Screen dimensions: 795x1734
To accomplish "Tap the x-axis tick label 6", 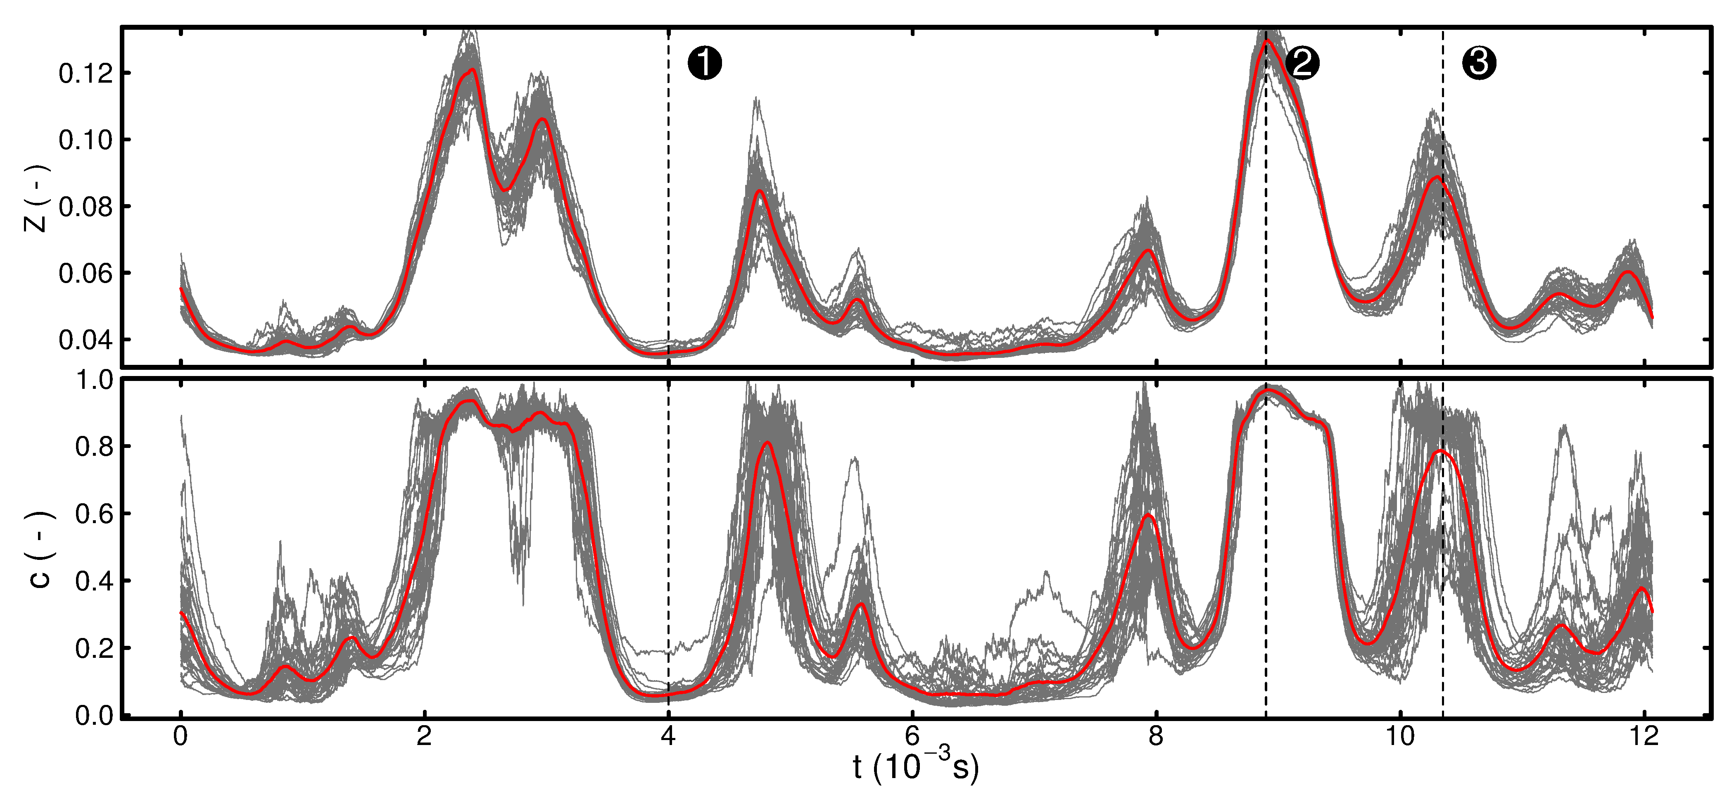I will [912, 736].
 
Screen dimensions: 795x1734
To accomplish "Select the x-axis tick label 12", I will [1644, 736].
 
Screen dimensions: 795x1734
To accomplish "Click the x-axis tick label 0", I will [181, 736].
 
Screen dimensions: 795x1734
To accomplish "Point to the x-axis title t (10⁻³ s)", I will [915, 766].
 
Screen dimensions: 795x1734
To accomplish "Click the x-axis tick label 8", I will [1156, 736].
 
